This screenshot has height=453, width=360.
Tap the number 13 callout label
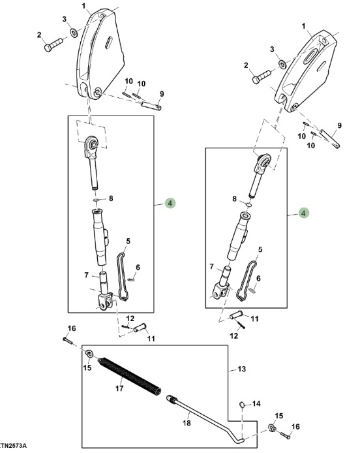242,369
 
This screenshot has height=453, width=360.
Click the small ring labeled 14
243,405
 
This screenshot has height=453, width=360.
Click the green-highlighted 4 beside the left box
170,203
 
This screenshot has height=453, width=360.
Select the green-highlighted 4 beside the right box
303,213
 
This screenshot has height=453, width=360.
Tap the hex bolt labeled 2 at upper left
53,45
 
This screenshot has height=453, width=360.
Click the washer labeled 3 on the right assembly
282,63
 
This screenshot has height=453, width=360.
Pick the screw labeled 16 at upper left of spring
68,340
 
